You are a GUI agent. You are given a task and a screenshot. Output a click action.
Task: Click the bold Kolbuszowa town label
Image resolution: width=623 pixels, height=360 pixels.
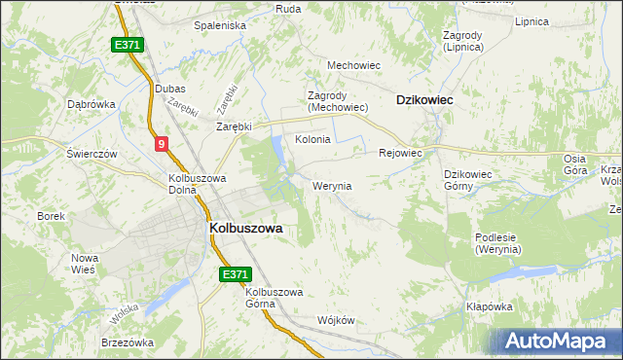(x=245, y=228)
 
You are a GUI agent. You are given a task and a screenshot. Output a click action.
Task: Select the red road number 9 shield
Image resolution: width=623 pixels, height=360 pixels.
(x=161, y=144)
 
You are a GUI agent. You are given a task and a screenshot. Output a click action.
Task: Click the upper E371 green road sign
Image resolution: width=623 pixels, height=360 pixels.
(x=128, y=46)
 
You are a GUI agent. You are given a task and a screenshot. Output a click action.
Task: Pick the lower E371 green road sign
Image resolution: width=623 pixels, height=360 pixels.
(x=235, y=275)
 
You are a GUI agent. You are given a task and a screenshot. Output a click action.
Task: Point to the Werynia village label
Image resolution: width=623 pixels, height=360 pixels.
(x=332, y=185)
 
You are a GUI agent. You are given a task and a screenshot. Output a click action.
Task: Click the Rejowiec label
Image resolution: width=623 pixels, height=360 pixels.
(x=399, y=153)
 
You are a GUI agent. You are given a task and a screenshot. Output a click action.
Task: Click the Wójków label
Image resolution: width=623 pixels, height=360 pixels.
(x=334, y=320)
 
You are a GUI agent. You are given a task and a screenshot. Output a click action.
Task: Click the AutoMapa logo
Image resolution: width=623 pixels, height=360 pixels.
(x=559, y=342)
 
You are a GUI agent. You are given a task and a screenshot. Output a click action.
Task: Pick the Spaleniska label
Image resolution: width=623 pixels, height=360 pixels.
(x=219, y=25)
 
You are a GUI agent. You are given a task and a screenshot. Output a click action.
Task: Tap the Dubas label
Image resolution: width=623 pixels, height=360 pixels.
(x=169, y=89)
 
